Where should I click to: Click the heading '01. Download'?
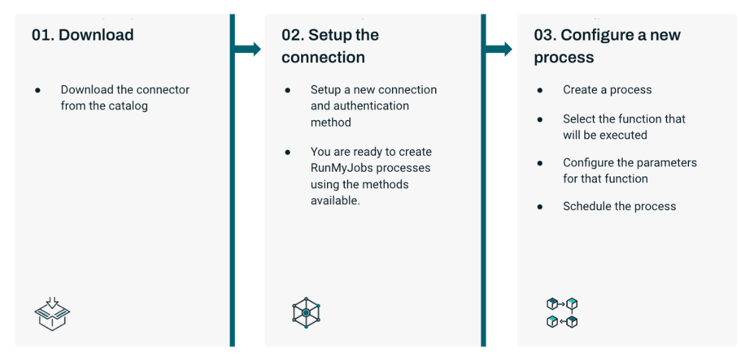[83, 35]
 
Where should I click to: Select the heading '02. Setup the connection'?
[330, 46]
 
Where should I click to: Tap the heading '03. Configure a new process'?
[607, 46]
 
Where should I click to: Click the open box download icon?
[52, 314]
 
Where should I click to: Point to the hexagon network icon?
[306, 312]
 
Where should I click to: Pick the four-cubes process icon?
[562, 313]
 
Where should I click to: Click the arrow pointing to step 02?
[248, 48]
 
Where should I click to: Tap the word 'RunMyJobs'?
[342, 168]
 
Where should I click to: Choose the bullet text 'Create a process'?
[607, 90]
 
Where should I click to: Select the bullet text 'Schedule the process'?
[619, 206]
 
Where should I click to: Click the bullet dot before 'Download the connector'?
[38, 90]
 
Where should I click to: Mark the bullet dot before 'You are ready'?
[288, 152]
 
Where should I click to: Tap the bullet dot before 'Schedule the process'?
[540, 207]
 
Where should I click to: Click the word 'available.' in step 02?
[335, 200]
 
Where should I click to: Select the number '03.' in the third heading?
[545, 35]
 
